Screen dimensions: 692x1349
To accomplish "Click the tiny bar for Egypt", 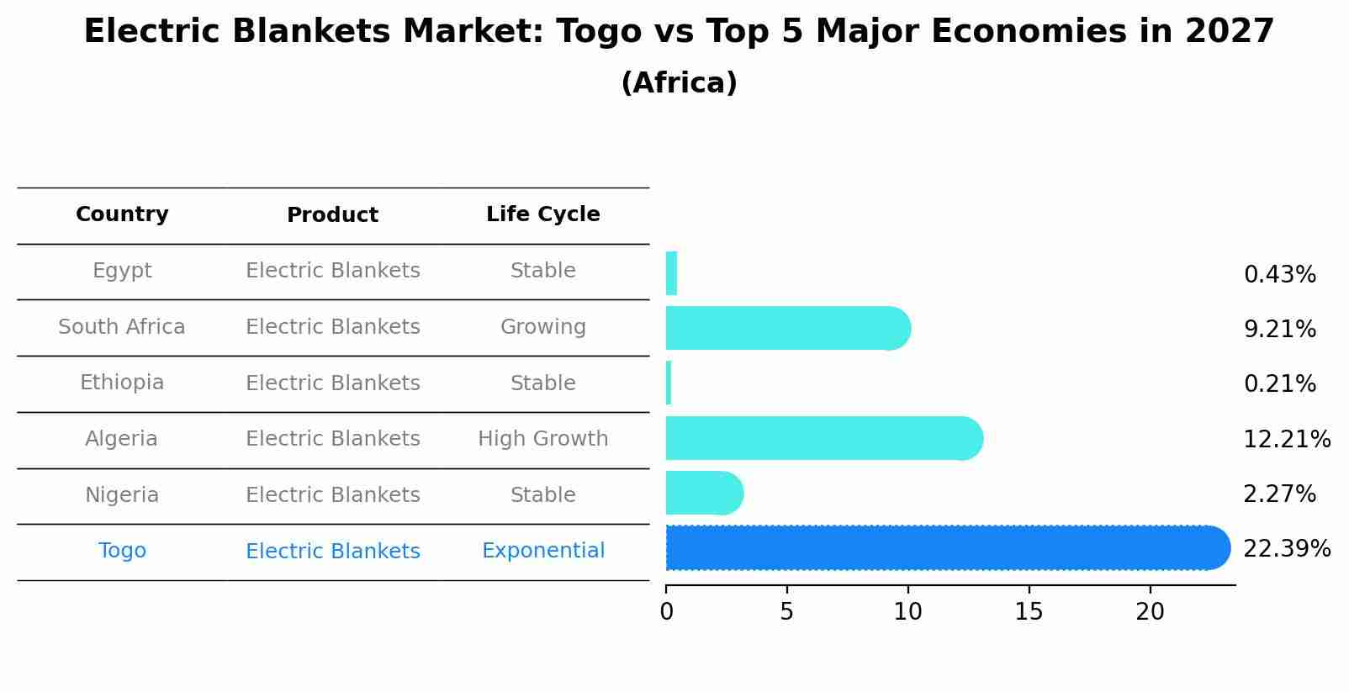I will pyautogui.click(x=671, y=273).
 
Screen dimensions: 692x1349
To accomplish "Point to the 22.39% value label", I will pyautogui.click(x=1286, y=549).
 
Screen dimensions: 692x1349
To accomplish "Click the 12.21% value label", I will pyautogui.click(x=1286, y=439).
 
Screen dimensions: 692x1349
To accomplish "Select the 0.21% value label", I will pyautogui.click(x=1279, y=384).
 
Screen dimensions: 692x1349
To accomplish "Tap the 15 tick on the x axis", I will pyautogui.click(x=1029, y=612).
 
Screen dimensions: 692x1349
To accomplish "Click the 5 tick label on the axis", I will pyautogui.click(x=786, y=612).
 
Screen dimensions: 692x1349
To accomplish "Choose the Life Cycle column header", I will pyautogui.click(x=542, y=214).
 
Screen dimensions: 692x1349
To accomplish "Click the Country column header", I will pyautogui.click(x=122, y=214).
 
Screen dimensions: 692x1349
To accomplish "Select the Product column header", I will pyautogui.click(x=332, y=215).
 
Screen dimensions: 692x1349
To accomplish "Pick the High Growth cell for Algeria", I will pyautogui.click(x=542, y=439).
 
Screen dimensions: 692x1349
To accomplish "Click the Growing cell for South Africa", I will pyautogui.click(x=542, y=327).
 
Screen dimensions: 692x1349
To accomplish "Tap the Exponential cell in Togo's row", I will pyautogui.click(x=542, y=551).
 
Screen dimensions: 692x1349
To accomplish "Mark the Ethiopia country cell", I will pyautogui.click(x=122, y=383).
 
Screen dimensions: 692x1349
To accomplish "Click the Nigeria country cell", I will pyautogui.click(x=122, y=495).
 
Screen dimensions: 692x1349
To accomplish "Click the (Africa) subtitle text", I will pyautogui.click(x=679, y=83).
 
